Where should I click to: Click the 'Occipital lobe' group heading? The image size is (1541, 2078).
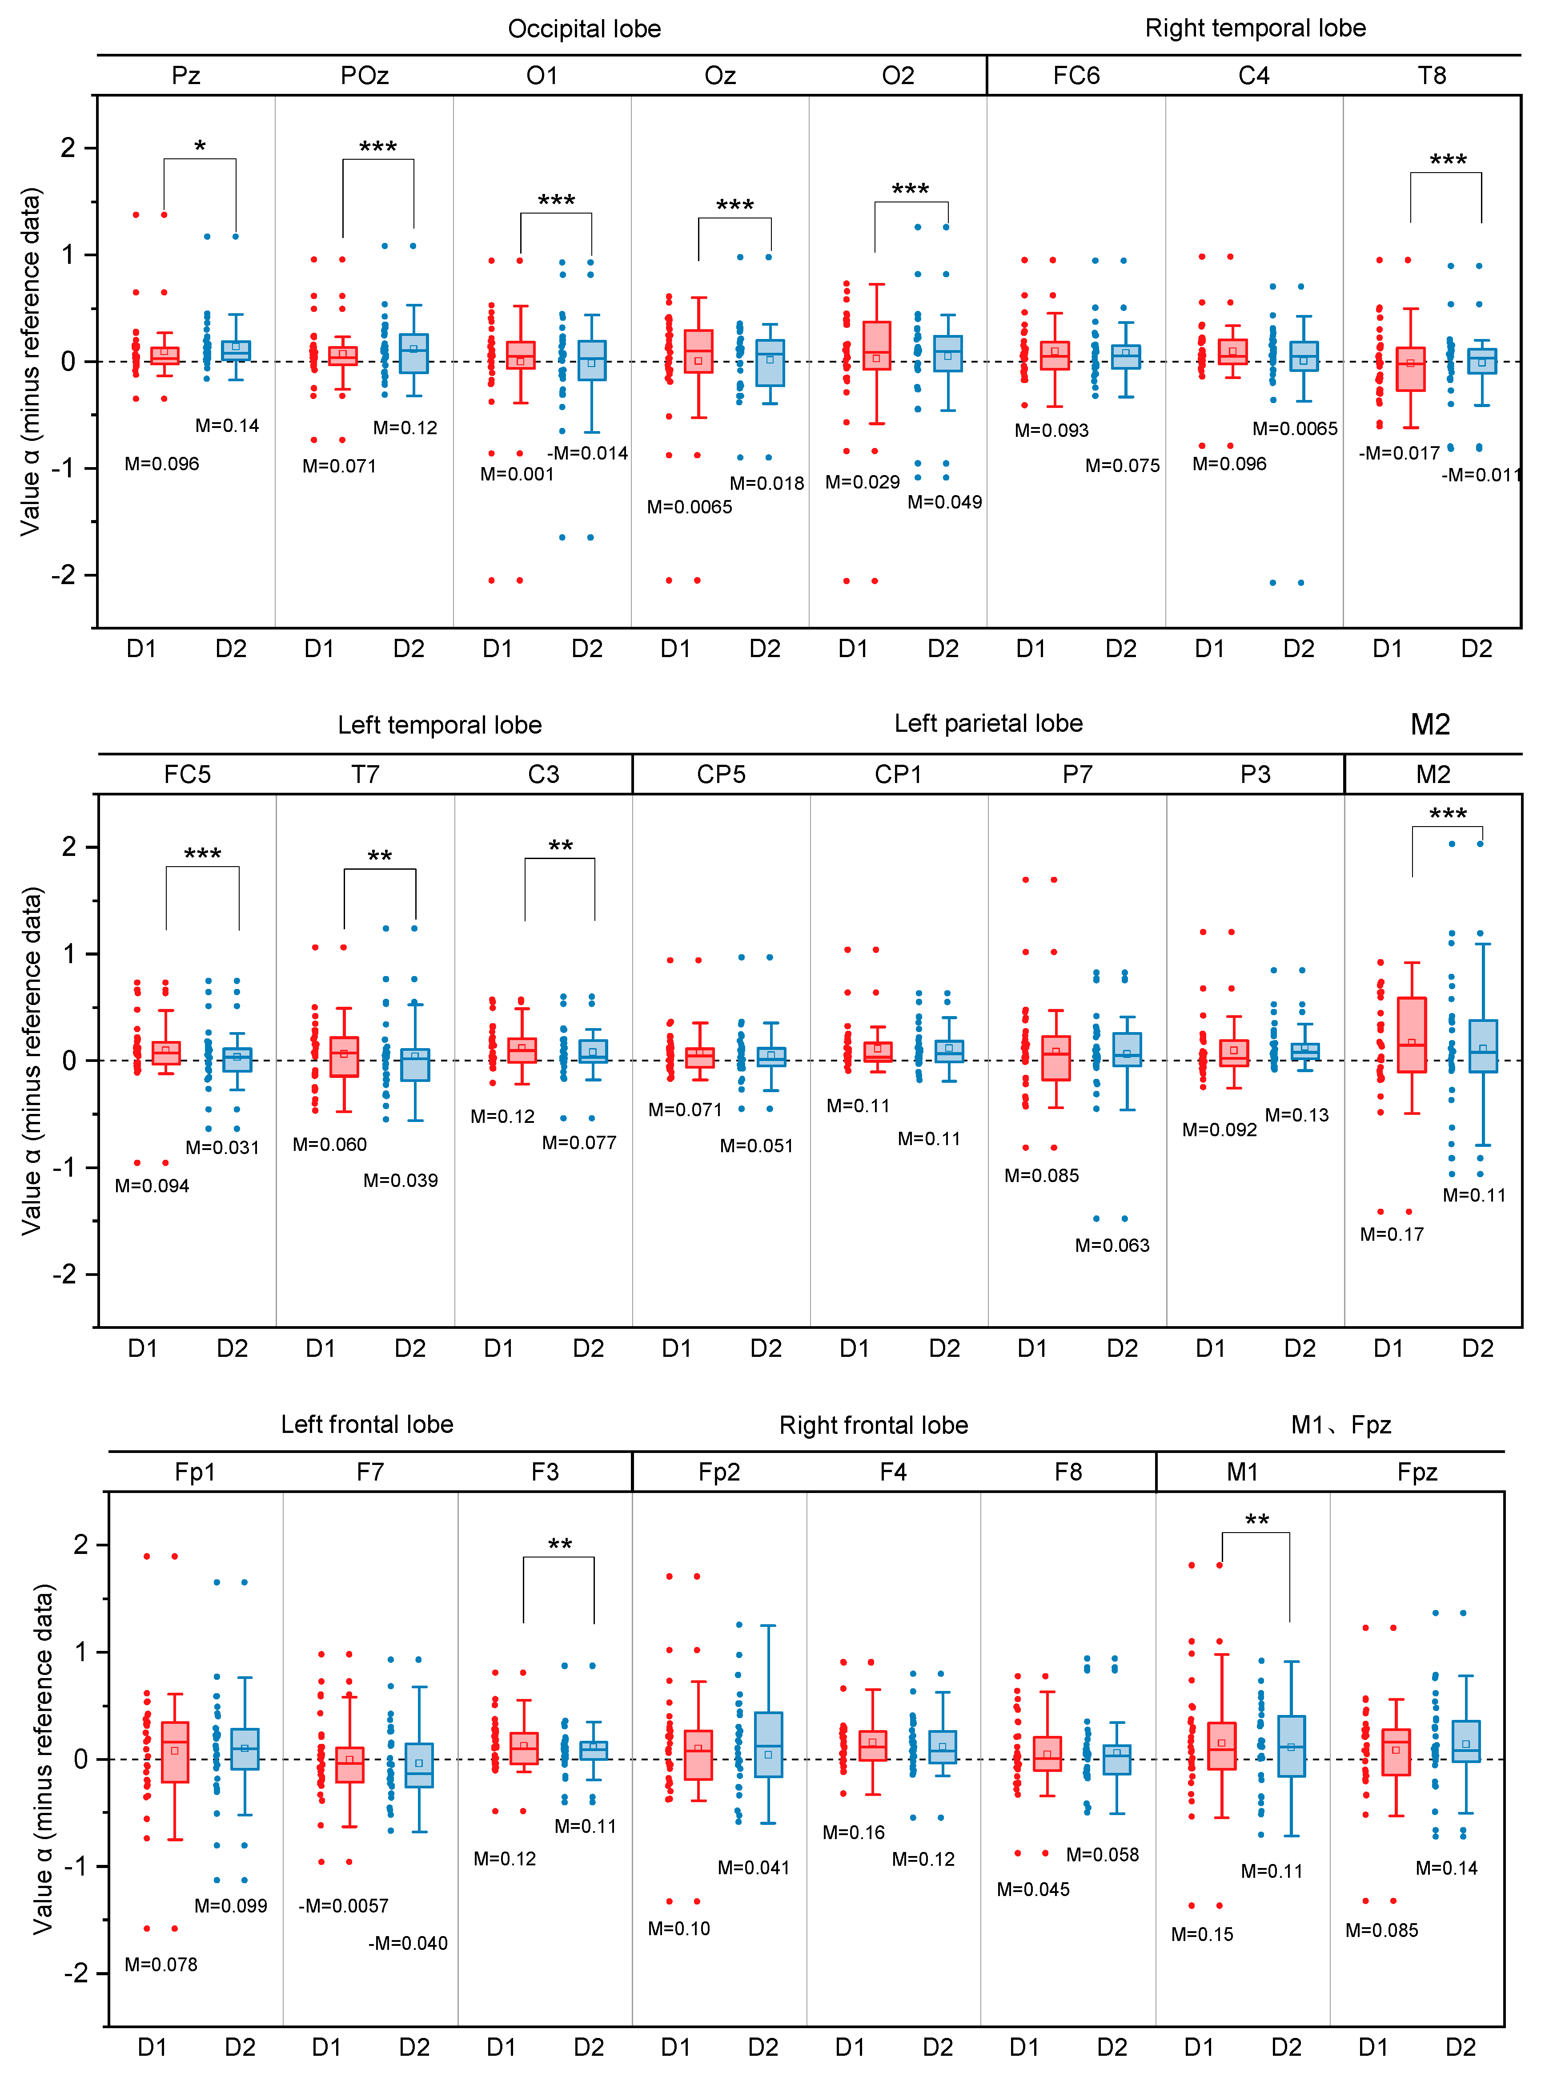click(584, 29)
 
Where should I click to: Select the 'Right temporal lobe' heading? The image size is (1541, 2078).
click(1255, 28)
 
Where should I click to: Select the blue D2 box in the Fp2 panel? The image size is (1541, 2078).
click(768, 1744)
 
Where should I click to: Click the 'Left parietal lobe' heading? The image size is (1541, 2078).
click(988, 723)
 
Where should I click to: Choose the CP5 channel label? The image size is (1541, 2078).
click(721, 775)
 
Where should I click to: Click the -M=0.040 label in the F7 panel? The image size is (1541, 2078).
click(408, 1943)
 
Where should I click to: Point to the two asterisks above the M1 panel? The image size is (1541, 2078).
click(1256, 1520)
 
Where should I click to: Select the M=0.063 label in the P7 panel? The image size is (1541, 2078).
click(1112, 1245)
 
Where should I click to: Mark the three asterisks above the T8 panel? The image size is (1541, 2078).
click(1448, 160)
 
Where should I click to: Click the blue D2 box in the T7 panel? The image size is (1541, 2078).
click(415, 1065)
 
